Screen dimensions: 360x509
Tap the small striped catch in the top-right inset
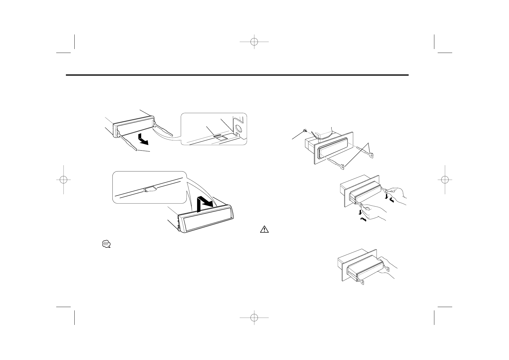(x=217, y=136)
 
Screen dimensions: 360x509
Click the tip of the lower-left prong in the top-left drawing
(x=138, y=149)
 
